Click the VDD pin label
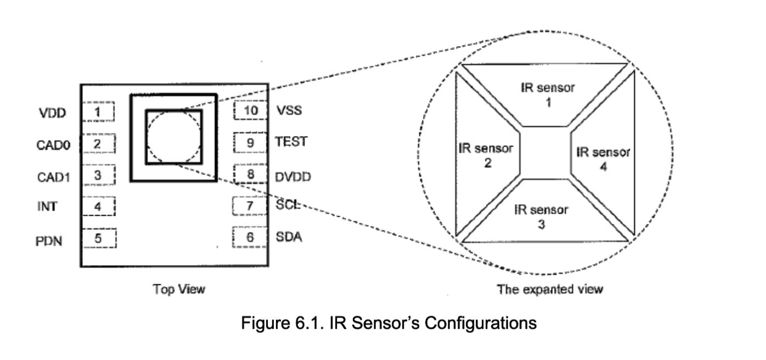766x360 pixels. (x=52, y=114)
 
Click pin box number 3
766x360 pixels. (x=98, y=176)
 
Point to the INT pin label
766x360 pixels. (x=48, y=207)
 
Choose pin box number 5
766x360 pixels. (x=98, y=238)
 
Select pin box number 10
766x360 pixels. (x=250, y=110)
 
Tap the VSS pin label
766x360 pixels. (x=289, y=110)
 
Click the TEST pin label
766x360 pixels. (x=291, y=142)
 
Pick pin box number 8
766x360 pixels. (x=250, y=175)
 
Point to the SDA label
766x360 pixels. (x=289, y=238)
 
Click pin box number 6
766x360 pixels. (x=250, y=237)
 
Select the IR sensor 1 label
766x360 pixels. (x=547, y=94)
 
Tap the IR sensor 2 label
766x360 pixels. (x=486, y=155)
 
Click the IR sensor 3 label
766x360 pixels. (x=541, y=216)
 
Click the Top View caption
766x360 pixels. (x=179, y=289)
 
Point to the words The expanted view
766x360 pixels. (x=549, y=289)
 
